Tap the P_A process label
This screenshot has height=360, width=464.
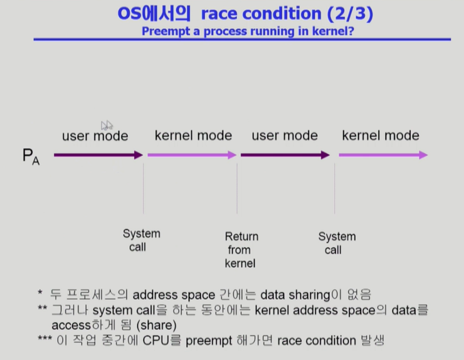[x=31, y=156]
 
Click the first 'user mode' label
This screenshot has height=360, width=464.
[x=95, y=135]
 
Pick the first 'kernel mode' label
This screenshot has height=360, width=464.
[x=193, y=135]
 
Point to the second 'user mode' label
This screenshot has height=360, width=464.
[x=285, y=135]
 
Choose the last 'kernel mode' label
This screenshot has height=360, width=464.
[x=381, y=135]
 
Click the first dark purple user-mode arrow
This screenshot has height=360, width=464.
[x=98, y=155]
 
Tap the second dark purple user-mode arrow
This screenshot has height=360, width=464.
[x=285, y=155]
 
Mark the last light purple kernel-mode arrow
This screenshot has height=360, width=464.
[x=382, y=155]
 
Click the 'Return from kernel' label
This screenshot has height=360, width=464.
[x=241, y=250]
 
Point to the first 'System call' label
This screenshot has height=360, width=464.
[x=141, y=240]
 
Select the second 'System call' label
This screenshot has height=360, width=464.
[x=337, y=243]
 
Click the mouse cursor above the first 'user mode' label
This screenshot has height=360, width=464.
[x=106, y=125]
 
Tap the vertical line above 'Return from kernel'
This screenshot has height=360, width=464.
[x=237, y=188]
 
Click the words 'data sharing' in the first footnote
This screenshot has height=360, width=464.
[x=295, y=295]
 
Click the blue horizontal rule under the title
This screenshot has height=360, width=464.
[x=241, y=40]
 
